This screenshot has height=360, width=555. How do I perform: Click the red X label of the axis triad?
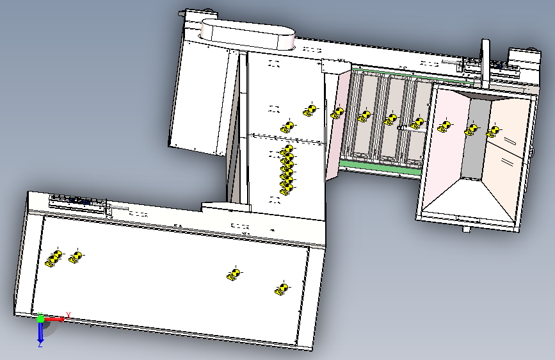pyautogui.click(x=68, y=315)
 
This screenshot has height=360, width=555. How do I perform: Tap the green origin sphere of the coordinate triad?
pyautogui.click(x=40, y=319)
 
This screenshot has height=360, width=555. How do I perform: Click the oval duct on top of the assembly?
pyautogui.click(x=248, y=35)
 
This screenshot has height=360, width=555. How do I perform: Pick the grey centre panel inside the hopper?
pyautogui.click(x=476, y=138)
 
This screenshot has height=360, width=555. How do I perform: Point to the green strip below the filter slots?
pyautogui.click(x=380, y=168)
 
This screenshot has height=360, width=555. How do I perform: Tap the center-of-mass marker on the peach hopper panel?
pyautogui.click(x=493, y=131)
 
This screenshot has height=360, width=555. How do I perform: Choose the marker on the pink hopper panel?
pyautogui.click(x=444, y=126)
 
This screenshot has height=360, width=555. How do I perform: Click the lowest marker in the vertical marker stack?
pyautogui.click(x=287, y=190)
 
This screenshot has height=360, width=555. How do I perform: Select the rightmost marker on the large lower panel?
pyautogui.click(x=282, y=289)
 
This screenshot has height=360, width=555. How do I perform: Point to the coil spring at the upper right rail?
pyautogui.click(x=452, y=62)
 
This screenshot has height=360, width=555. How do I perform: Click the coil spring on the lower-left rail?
pyautogui.click(x=118, y=207)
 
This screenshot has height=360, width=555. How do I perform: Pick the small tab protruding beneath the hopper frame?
pyautogui.click(x=466, y=229)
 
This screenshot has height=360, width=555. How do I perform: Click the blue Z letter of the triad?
pyautogui.click(x=40, y=344)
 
